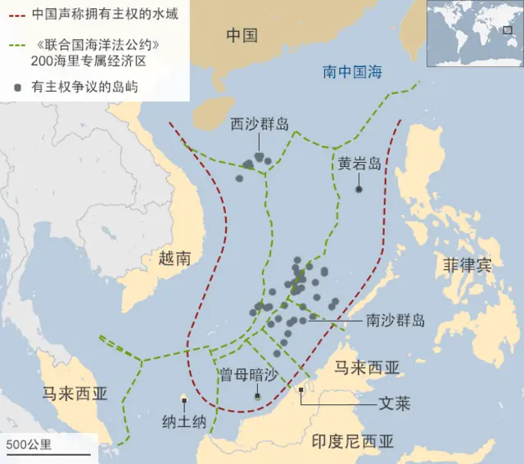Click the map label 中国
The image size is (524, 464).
tap(242, 35)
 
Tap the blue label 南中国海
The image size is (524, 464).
tap(351, 73)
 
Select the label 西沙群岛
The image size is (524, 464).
tap(260, 124)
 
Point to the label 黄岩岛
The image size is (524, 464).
tap(359, 163)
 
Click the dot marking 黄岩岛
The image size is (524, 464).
tap(359, 190)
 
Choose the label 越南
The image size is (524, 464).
tap(174, 259)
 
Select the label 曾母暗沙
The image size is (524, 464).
tap(249, 374)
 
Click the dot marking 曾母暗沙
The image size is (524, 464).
tap(258, 396)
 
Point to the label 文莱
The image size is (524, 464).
tap(394, 404)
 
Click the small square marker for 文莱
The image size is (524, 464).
tap(302, 390)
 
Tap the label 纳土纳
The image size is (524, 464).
tap(184, 421)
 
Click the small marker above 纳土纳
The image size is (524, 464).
tap(184, 401)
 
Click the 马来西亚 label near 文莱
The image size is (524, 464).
tap(368, 367)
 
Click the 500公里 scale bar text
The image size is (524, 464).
tap(29, 444)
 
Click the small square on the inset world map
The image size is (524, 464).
tap(486, 30)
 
